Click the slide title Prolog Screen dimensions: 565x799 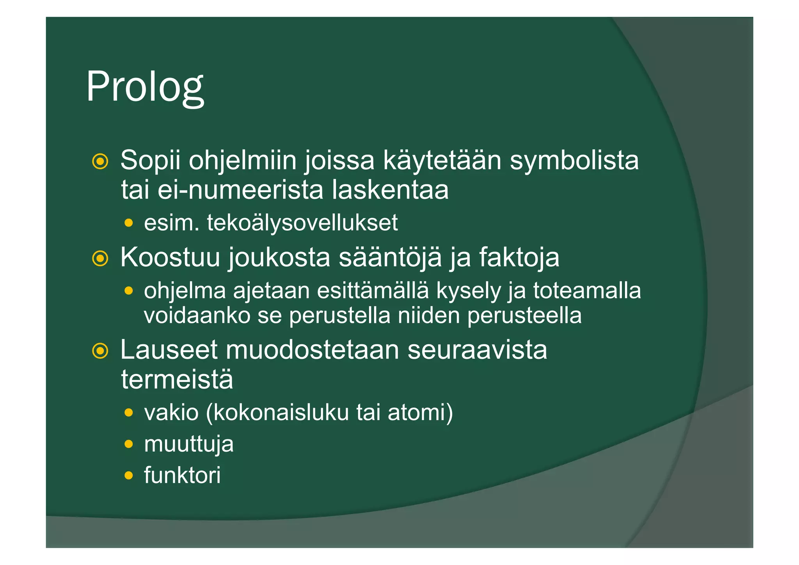point(145,87)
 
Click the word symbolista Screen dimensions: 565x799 point(574,160)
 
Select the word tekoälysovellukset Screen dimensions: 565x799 point(302,223)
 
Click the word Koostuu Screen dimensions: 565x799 point(170,257)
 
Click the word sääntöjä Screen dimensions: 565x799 point(390,257)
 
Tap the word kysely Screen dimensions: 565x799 point(468,291)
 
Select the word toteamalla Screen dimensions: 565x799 point(587,291)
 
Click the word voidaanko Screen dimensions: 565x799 point(197,315)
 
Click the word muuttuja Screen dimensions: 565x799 point(189,444)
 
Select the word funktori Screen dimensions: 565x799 point(182,475)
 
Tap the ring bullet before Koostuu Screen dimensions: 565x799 point(100,258)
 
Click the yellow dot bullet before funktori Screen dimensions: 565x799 point(129,475)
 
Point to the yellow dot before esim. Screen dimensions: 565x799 point(129,223)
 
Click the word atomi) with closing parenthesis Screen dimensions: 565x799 point(420,412)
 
